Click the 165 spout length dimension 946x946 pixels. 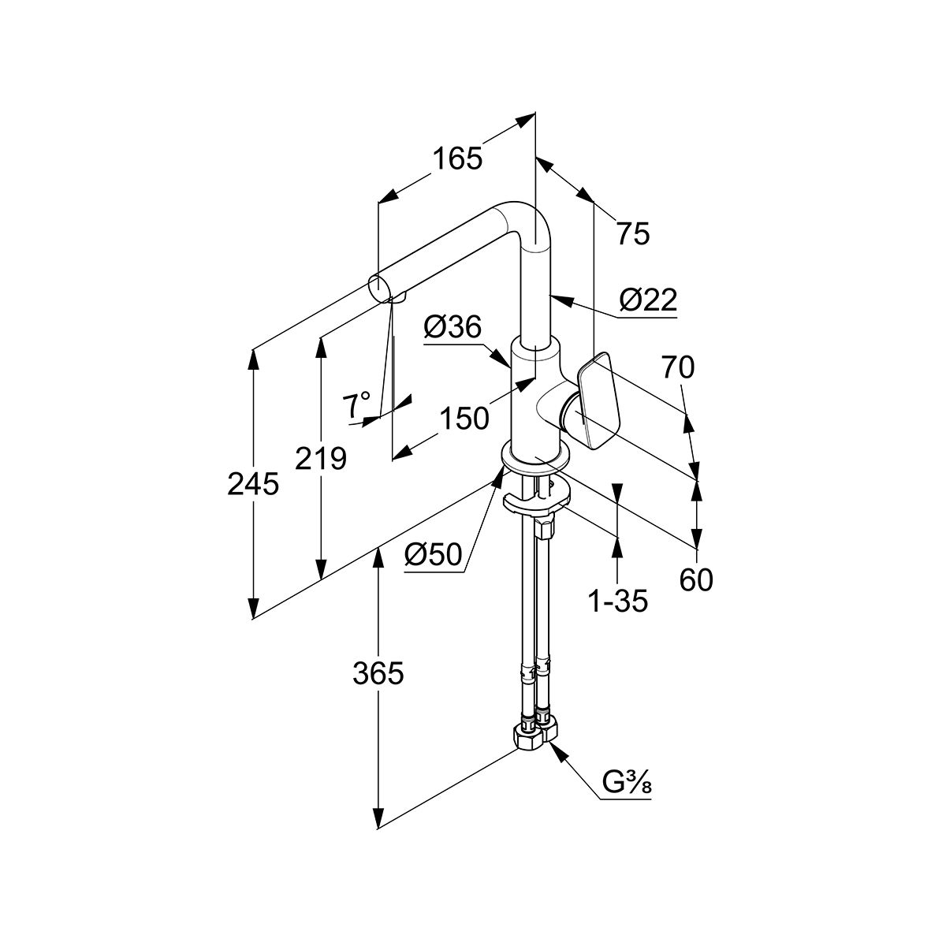coord(456,160)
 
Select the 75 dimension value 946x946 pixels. coord(632,233)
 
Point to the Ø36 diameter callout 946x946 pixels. coord(452,326)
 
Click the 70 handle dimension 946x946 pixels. coord(677,367)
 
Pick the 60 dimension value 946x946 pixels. coord(695,580)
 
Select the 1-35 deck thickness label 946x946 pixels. coord(617,601)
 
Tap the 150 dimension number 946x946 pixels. coord(464,418)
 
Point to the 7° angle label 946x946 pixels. coord(356,405)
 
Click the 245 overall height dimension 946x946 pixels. coord(253,483)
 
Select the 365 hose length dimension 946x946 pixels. coord(378,673)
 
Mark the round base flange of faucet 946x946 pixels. coord(536,460)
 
